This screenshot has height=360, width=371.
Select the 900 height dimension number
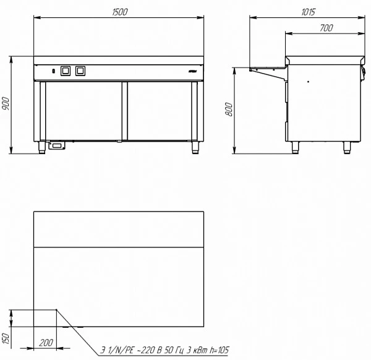(x=6, y=104)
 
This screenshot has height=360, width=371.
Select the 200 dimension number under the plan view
(x=45, y=342)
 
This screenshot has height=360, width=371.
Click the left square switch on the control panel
(x=66, y=71)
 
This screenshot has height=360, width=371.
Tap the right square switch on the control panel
(x=79, y=71)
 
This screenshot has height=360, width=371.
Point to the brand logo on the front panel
(x=191, y=72)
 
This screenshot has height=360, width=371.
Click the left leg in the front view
(x=41, y=147)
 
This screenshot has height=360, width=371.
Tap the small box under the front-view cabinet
(x=57, y=145)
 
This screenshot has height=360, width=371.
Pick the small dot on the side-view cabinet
(x=307, y=81)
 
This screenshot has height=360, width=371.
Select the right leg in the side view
(x=346, y=147)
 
